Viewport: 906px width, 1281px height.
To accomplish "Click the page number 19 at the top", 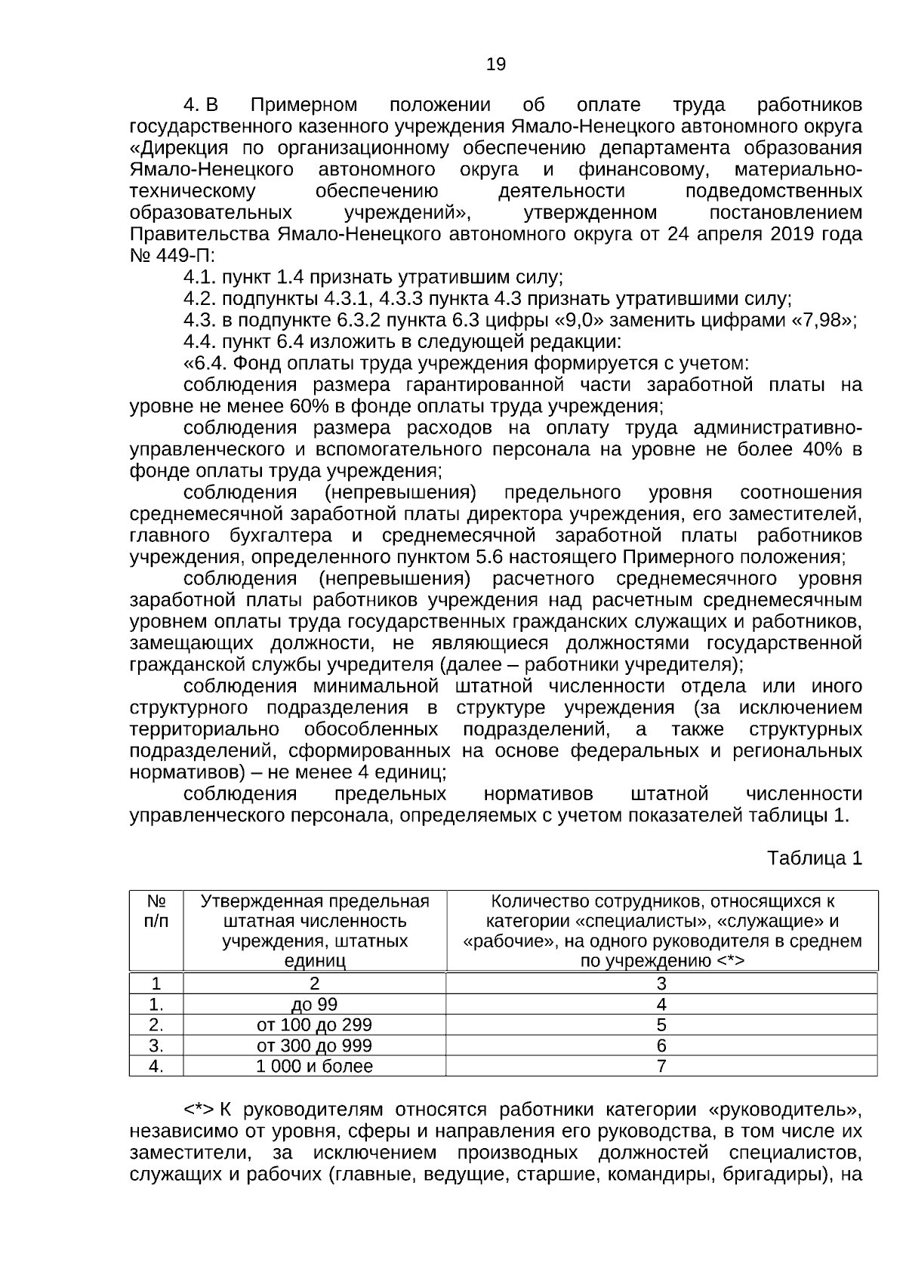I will tap(496, 64).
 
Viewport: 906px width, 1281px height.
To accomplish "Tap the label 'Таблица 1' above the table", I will tap(814, 858).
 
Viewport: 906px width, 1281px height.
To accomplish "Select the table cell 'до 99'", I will tap(314, 1004).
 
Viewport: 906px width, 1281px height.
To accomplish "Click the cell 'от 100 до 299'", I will tap(314, 1024).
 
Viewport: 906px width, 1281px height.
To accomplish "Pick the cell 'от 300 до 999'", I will tap(314, 1045).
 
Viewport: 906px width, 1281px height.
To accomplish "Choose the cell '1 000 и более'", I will tap(314, 1066).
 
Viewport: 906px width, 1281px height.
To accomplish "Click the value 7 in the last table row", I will tap(661, 1066).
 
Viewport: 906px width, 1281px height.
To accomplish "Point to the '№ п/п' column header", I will tap(156, 911).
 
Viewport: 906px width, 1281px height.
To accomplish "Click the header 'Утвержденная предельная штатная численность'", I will tap(314, 911).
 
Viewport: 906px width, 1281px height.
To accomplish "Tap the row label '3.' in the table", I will tap(156, 1045).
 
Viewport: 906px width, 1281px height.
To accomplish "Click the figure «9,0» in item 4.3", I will tap(583, 320).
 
